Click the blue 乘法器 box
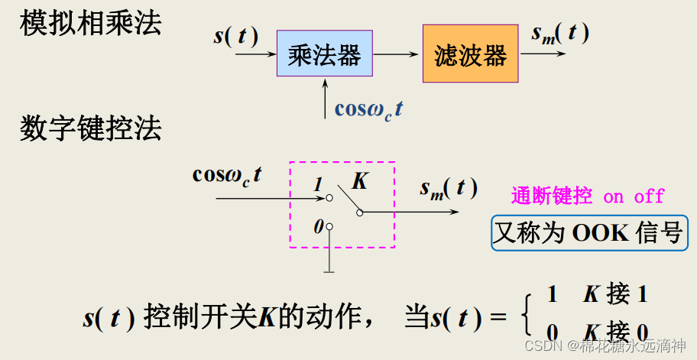[324, 54]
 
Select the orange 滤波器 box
[470, 54]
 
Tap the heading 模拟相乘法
[91, 23]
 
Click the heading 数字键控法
[91, 128]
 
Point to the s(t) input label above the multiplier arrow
[235, 36]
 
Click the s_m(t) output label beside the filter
[560, 34]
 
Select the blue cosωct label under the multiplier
[368, 109]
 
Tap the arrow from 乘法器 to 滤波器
[397, 54]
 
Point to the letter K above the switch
[359, 181]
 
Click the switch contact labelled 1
[329, 198]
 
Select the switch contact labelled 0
[329, 226]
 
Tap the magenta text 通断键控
[551, 196]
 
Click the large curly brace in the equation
[526, 314]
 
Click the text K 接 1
[616, 294]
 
